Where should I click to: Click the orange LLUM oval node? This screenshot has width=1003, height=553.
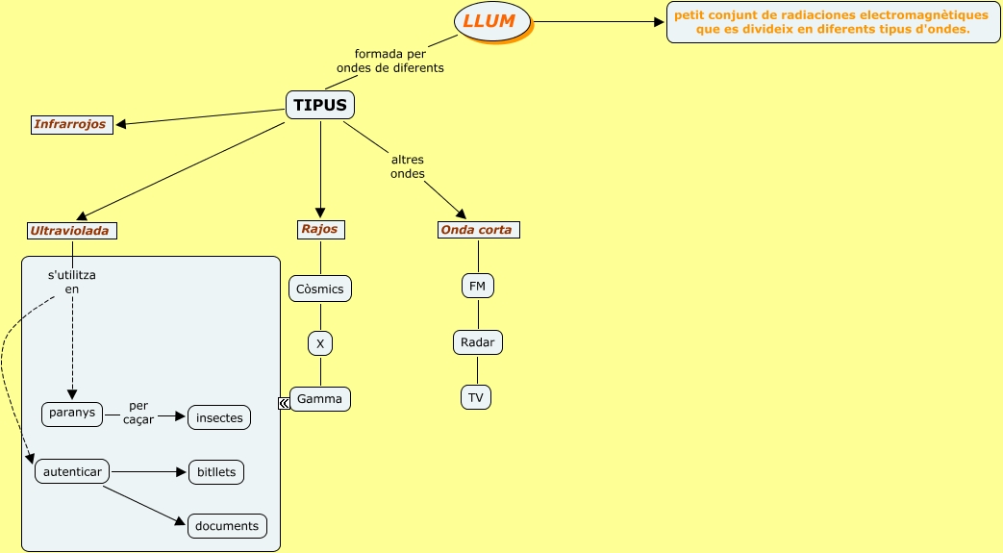[x=490, y=22]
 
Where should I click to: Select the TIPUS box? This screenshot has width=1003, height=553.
[x=320, y=105]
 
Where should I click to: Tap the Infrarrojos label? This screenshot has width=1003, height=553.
[x=71, y=124]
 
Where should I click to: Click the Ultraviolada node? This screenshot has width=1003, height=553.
[x=72, y=231]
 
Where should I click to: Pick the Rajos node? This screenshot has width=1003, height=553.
[x=320, y=229]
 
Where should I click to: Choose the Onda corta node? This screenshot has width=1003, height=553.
[x=478, y=230]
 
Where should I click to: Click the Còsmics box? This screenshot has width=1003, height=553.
[x=320, y=289]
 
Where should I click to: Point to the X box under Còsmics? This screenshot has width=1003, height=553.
[x=320, y=343]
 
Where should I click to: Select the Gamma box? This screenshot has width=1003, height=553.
[x=320, y=399]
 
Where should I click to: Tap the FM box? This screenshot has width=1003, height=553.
[x=478, y=286]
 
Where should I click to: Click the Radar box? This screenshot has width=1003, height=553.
[x=478, y=341]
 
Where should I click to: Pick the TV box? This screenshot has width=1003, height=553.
[x=476, y=397]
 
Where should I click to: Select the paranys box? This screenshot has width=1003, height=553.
[x=73, y=414]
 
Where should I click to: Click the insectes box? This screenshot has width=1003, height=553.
[x=219, y=417]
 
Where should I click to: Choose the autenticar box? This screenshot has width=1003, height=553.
[x=73, y=472]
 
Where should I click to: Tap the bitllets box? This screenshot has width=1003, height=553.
[x=215, y=472]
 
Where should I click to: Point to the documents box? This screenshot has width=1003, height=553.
[x=227, y=526]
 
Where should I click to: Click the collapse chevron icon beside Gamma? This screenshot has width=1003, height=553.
[x=284, y=403]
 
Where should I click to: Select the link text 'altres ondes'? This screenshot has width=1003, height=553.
[x=407, y=166]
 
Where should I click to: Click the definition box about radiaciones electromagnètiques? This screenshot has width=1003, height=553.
[x=832, y=22]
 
